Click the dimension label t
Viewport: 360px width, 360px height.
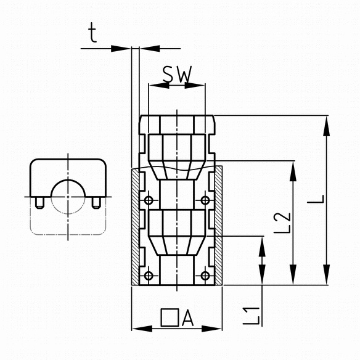[92, 33]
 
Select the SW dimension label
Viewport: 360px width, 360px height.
[177, 75]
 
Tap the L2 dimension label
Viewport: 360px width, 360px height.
[282, 223]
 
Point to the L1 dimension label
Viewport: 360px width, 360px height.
[252, 316]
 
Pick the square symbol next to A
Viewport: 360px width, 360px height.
[170, 317]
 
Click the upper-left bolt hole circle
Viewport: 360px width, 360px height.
[149, 200]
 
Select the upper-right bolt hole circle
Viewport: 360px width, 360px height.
[205, 200]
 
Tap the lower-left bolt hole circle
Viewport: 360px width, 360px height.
[149, 276]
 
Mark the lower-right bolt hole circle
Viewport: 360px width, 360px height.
[205, 276]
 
